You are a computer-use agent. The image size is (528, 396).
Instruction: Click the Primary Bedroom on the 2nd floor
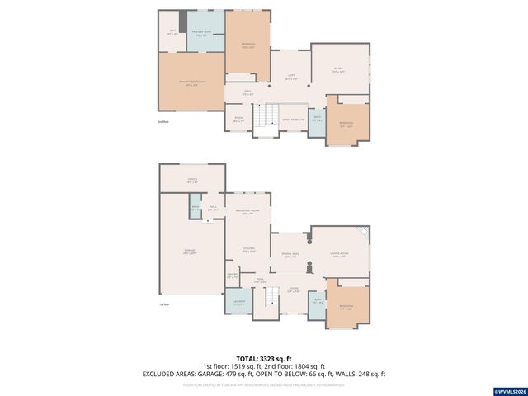(x=191, y=82)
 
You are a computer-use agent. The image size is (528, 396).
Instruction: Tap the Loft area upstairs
(x=291, y=78)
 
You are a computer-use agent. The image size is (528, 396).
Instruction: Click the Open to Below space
(x=293, y=119)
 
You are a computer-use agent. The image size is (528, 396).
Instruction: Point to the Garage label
(x=191, y=252)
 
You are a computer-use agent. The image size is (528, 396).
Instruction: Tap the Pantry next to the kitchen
(x=232, y=277)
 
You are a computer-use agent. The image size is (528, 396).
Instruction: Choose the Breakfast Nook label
(x=248, y=213)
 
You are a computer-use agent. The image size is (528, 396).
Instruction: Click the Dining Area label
(x=290, y=256)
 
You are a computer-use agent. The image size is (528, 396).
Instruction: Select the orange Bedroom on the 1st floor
(x=346, y=306)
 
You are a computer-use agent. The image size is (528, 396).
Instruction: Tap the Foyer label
(x=293, y=290)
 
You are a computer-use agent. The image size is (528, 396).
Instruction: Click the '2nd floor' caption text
(x=163, y=122)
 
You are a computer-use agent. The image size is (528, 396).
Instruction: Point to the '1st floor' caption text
(x=164, y=304)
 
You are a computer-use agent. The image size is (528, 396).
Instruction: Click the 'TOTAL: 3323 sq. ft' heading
(x=263, y=359)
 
